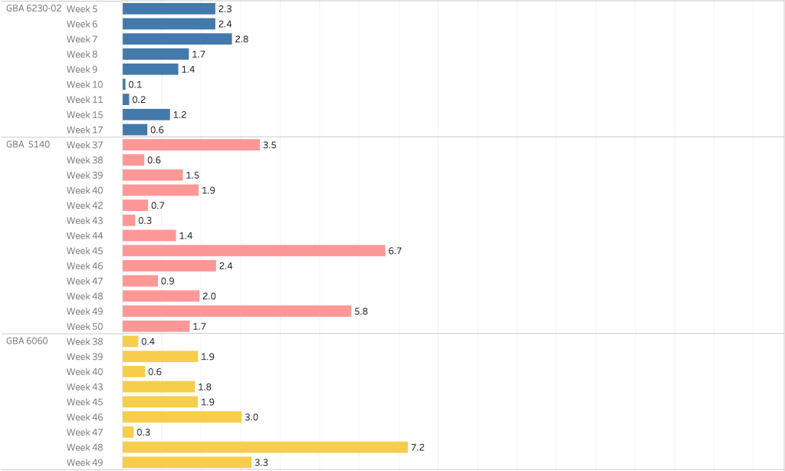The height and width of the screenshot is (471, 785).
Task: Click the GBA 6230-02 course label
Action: click(x=34, y=8)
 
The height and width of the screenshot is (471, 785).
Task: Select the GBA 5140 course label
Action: click(x=28, y=145)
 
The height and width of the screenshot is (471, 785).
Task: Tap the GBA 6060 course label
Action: click(x=28, y=341)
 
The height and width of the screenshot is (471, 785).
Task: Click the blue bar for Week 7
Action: click(x=177, y=39)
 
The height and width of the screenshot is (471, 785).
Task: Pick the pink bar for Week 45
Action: click(x=254, y=251)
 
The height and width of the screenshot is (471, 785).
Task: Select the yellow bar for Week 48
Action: click(x=264, y=447)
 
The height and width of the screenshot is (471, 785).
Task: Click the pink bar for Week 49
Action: click(x=236, y=311)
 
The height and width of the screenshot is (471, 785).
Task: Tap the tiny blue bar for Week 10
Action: click(x=124, y=84)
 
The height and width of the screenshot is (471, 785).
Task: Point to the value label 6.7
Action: click(x=396, y=251)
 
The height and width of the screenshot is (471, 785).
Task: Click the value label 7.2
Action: click(x=418, y=447)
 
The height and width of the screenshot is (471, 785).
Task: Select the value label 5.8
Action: click(x=361, y=311)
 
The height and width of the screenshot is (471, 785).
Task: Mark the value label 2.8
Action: click(x=241, y=39)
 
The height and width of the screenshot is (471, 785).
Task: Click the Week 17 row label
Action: click(x=84, y=130)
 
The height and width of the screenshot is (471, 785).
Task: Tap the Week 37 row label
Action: click(x=84, y=145)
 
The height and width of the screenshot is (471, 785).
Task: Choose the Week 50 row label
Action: click(x=84, y=327)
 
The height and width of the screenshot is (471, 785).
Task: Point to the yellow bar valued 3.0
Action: click(x=182, y=417)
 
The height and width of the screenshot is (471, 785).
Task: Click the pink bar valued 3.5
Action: click(x=191, y=145)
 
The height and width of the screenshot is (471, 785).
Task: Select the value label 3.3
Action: click(x=261, y=463)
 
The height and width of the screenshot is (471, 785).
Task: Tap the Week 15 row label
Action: click(x=84, y=115)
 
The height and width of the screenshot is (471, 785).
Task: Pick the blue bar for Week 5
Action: click(x=169, y=8)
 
